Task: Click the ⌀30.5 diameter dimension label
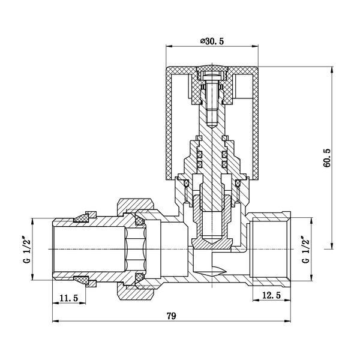tap(212, 41)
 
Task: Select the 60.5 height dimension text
tap(328, 158)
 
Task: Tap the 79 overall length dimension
tap(171, 316)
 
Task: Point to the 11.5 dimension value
tap(69, 298)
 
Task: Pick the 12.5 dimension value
tap(271, 295)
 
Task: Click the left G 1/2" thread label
tap(28, 250)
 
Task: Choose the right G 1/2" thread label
tap(305, 250)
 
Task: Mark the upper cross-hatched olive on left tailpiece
tap(81, 218)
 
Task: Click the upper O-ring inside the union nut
tap(139, 221)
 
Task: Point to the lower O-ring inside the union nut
tap(139, 277)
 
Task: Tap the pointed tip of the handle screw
tap(212, 128)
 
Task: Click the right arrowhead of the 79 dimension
tap(287, 321)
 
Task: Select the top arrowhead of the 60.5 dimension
tap(331, 70)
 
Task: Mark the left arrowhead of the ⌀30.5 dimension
tap(169, 46)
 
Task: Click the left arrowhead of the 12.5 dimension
tap(256, 300)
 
